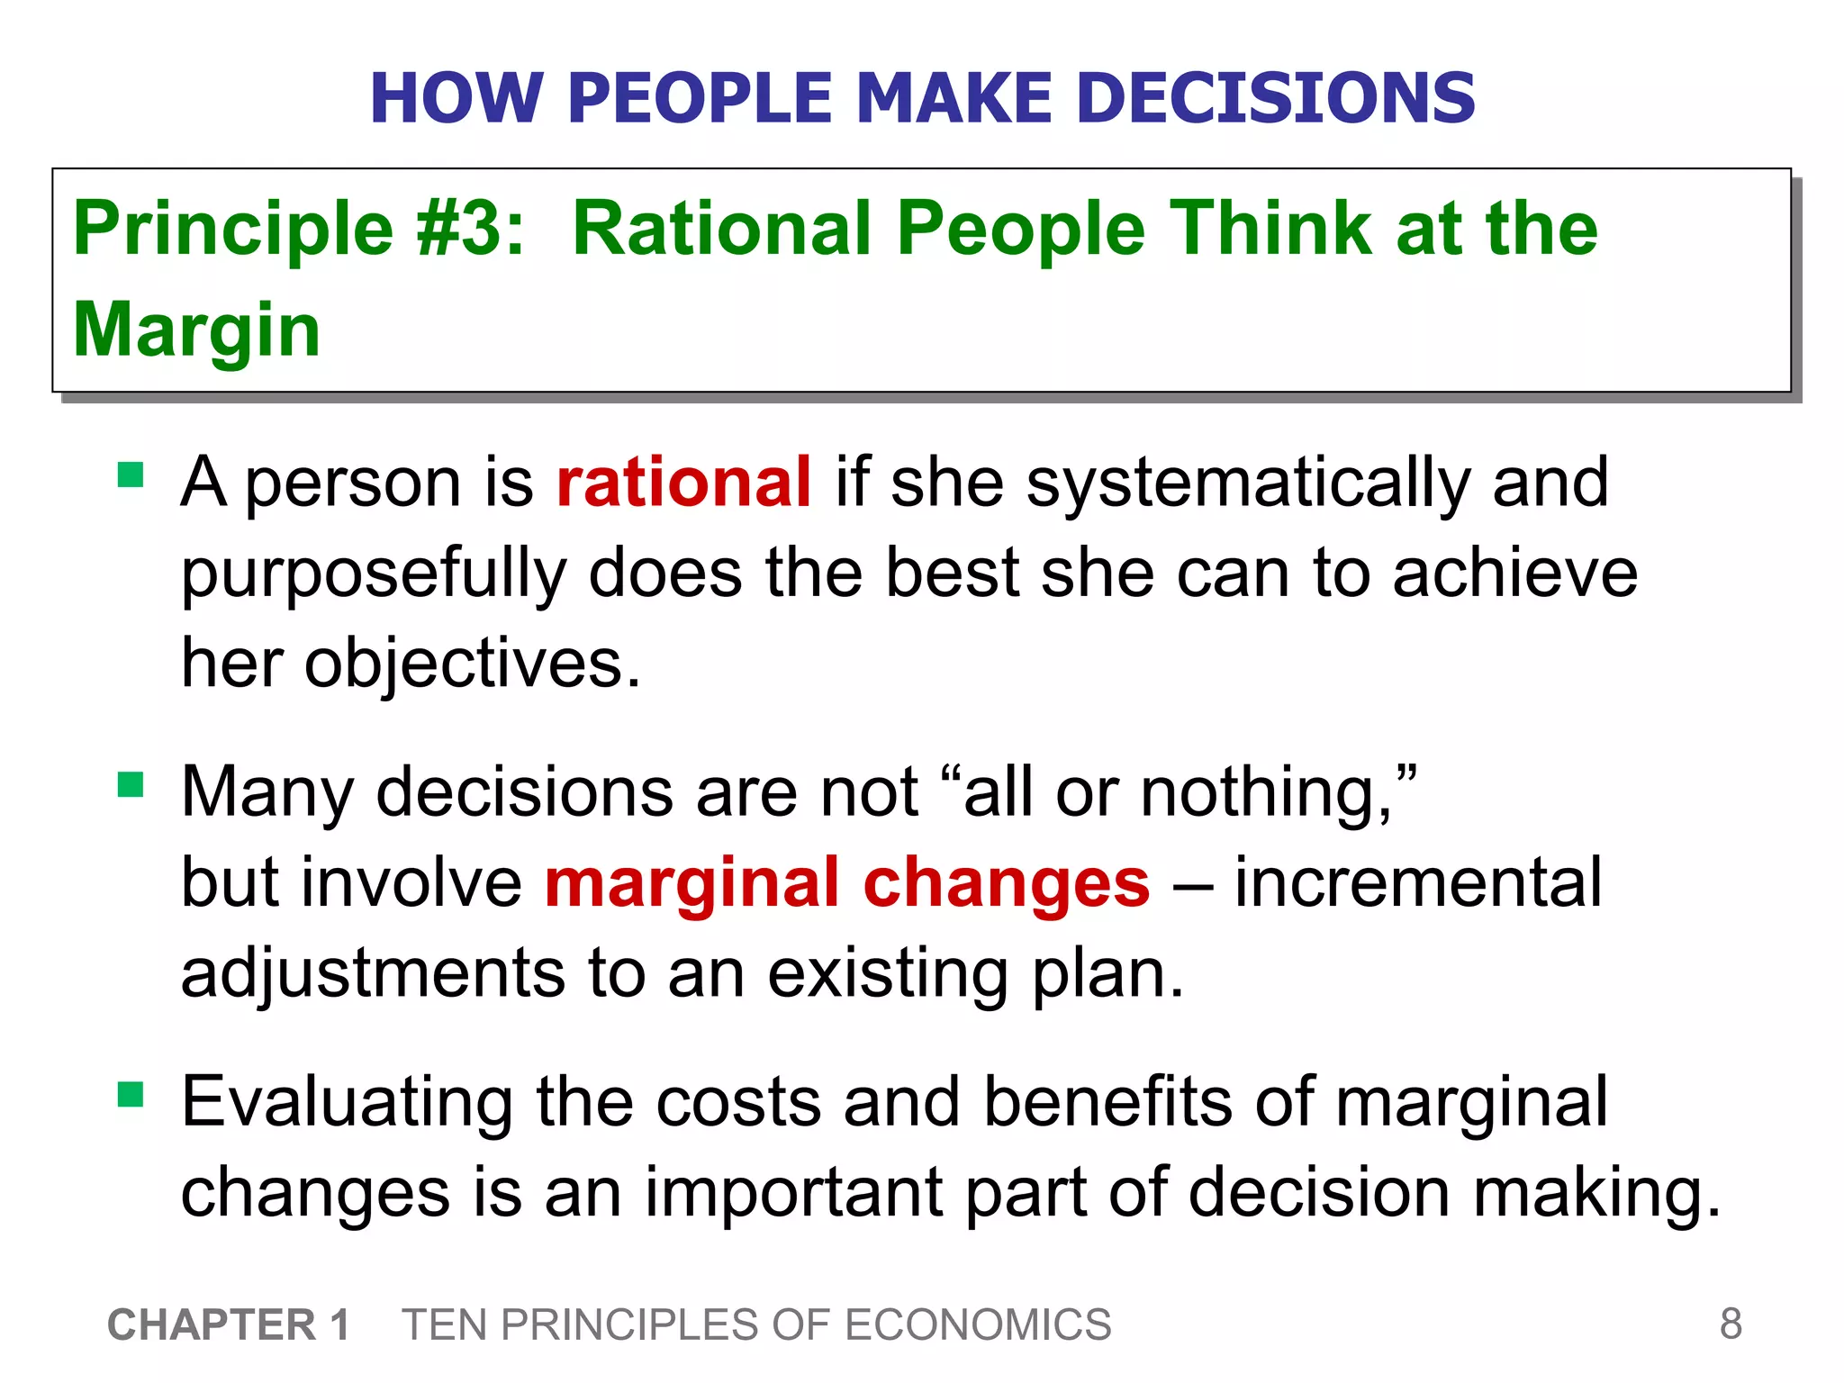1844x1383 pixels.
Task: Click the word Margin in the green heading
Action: (x=196, y=330)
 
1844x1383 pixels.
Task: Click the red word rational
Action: (x=683, y=483)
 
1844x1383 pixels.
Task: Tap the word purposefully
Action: (x=373, y=574)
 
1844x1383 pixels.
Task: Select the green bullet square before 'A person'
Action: (x=131, y=475)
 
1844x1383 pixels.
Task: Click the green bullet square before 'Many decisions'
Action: (x=131, y=784)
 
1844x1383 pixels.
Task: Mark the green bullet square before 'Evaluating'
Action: (x=131, y=1094)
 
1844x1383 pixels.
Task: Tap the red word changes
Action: (x=1006, y=883)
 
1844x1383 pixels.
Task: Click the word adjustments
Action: (x=373, y=974)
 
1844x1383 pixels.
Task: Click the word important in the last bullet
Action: (x=792, y=1193)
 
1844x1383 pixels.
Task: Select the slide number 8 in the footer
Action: (x=1731, y=1324)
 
